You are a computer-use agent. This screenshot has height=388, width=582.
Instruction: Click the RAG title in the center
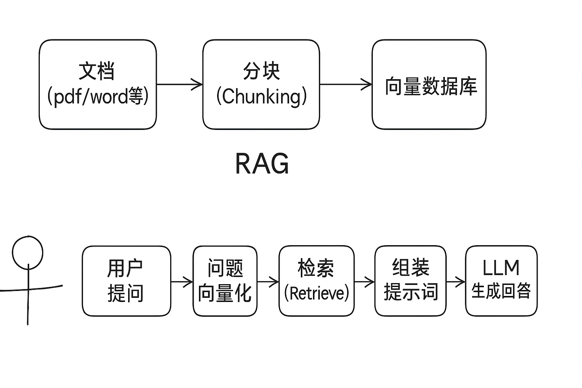point(262,164)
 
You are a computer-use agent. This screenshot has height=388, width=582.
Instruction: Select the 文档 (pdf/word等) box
point(98,84)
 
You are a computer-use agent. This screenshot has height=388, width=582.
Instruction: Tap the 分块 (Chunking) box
point(261,84)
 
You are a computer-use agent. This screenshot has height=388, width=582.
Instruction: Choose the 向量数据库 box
point(429,84)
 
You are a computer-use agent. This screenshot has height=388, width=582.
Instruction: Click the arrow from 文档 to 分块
point(180,84)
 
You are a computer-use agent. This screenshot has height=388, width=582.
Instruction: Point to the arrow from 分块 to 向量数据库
point(346,84)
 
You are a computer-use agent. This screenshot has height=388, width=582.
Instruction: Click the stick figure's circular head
point(28,252)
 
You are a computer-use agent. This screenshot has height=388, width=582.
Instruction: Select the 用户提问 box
point(126,281)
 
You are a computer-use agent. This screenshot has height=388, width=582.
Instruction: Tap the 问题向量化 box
point(225,281)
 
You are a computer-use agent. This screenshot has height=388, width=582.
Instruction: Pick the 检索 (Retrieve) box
point(316,281)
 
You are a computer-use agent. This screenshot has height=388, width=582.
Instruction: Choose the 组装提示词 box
point(410,281)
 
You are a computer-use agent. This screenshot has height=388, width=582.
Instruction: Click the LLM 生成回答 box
point(501,281)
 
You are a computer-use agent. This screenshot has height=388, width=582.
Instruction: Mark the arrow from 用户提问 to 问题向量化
point(182,282)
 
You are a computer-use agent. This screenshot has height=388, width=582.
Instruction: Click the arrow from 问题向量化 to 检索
point(268,282)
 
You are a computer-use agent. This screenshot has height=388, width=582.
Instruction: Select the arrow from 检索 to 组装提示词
point(365,282)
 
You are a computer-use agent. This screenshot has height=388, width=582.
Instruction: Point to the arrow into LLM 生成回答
point(456,282)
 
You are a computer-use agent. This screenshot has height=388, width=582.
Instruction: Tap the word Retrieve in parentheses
point(316,293)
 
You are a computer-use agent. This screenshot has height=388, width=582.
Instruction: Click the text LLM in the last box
point(501,268)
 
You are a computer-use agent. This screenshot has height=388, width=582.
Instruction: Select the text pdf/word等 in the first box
point(98,96)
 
